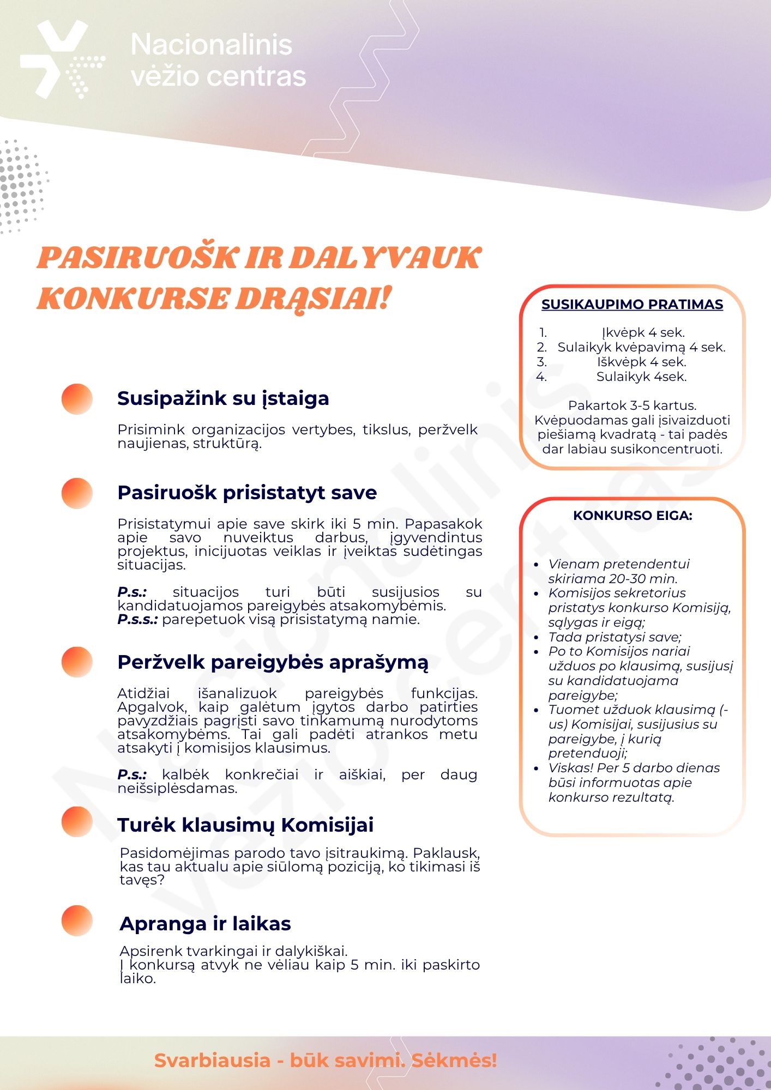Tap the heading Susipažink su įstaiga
(x=223, y=398)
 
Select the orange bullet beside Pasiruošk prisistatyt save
(x=77, y=493)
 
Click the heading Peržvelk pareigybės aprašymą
(x=273, y=662)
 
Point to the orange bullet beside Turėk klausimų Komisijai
(x=77, y=822)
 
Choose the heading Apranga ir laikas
(x=205, y=924)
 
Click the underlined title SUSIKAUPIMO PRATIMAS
(x=632, y=305)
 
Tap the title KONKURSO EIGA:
(x=633, y=516)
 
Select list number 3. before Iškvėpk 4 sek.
(x=541, y=362)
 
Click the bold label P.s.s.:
(x=137, y=620)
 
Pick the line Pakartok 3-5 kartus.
(x=632, y=405)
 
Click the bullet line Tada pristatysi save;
(x=615, y=637)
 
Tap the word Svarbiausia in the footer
(x=212, y=1061)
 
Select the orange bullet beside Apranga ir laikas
(x=77, y=921)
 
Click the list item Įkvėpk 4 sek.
(x=643, y=332)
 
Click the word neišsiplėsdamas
(x=177, y=789)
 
